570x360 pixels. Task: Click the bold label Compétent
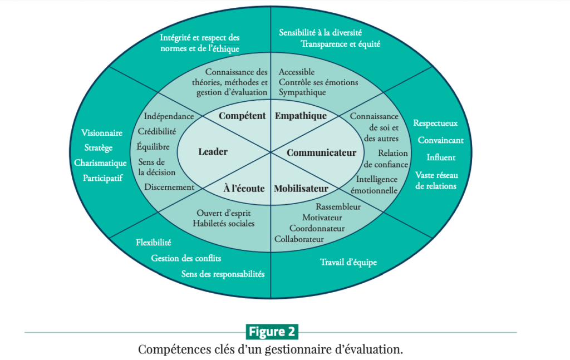point(242,116)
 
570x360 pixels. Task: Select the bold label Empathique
point(301,116)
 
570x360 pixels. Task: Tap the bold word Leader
point(213,151)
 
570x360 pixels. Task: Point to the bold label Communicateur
point(321,152)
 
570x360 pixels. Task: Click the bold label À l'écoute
point(244,188)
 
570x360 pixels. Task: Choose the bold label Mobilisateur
point(301,188)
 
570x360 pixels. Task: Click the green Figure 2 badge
point(272,332)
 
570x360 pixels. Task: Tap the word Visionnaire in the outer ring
point(102,133)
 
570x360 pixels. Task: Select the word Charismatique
point(100,163)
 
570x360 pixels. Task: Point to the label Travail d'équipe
point(348,262)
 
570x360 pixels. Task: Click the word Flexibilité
point(154,242)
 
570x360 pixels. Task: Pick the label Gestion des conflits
point(186,258)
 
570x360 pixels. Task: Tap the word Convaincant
point(441,140)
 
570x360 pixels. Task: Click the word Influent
point(441,157)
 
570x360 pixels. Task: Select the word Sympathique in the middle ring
point(302,92)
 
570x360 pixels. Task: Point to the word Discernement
point(169,187)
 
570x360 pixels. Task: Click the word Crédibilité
point(156,131)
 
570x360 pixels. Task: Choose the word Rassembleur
point(338,206)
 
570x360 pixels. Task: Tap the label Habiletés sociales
point(224,224)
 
